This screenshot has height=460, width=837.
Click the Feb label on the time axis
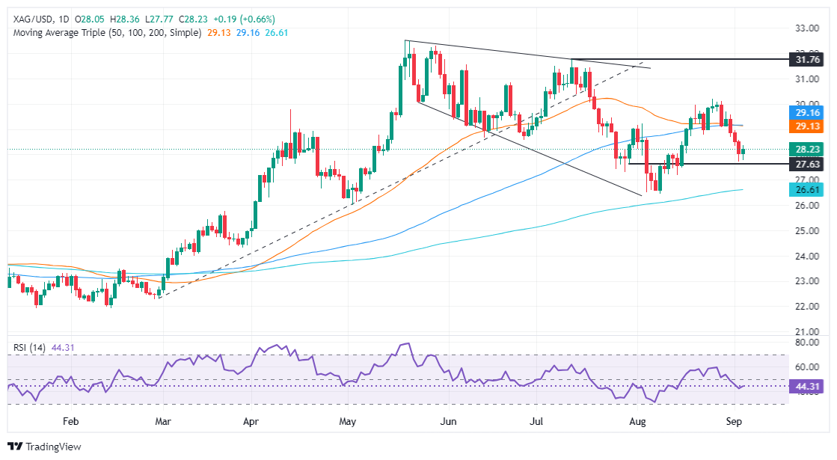pos(70,422)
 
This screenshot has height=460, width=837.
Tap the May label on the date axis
pos(348,422)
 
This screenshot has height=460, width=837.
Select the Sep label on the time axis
pos(735,422)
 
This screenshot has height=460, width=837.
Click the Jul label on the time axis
pos(537,422)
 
